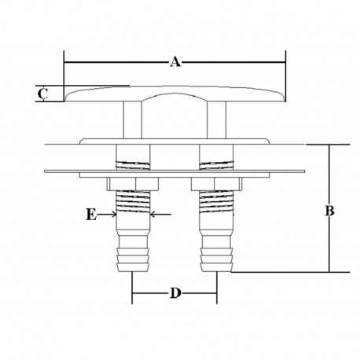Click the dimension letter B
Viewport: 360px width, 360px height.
(x=331, y=211)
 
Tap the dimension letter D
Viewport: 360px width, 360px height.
(x=175, y=294)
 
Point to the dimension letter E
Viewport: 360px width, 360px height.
(x=93, y=215)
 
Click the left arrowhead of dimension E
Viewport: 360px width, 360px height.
(x=112, y=214)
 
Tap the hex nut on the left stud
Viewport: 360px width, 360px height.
(x=131, y=185)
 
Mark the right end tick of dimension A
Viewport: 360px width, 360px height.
(x=285, y=61)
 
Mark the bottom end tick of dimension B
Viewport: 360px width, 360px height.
(x=329, y=272)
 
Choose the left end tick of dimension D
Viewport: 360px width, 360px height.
(x=131, y=296)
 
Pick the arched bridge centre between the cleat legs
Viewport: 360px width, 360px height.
(x=173, y=97)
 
